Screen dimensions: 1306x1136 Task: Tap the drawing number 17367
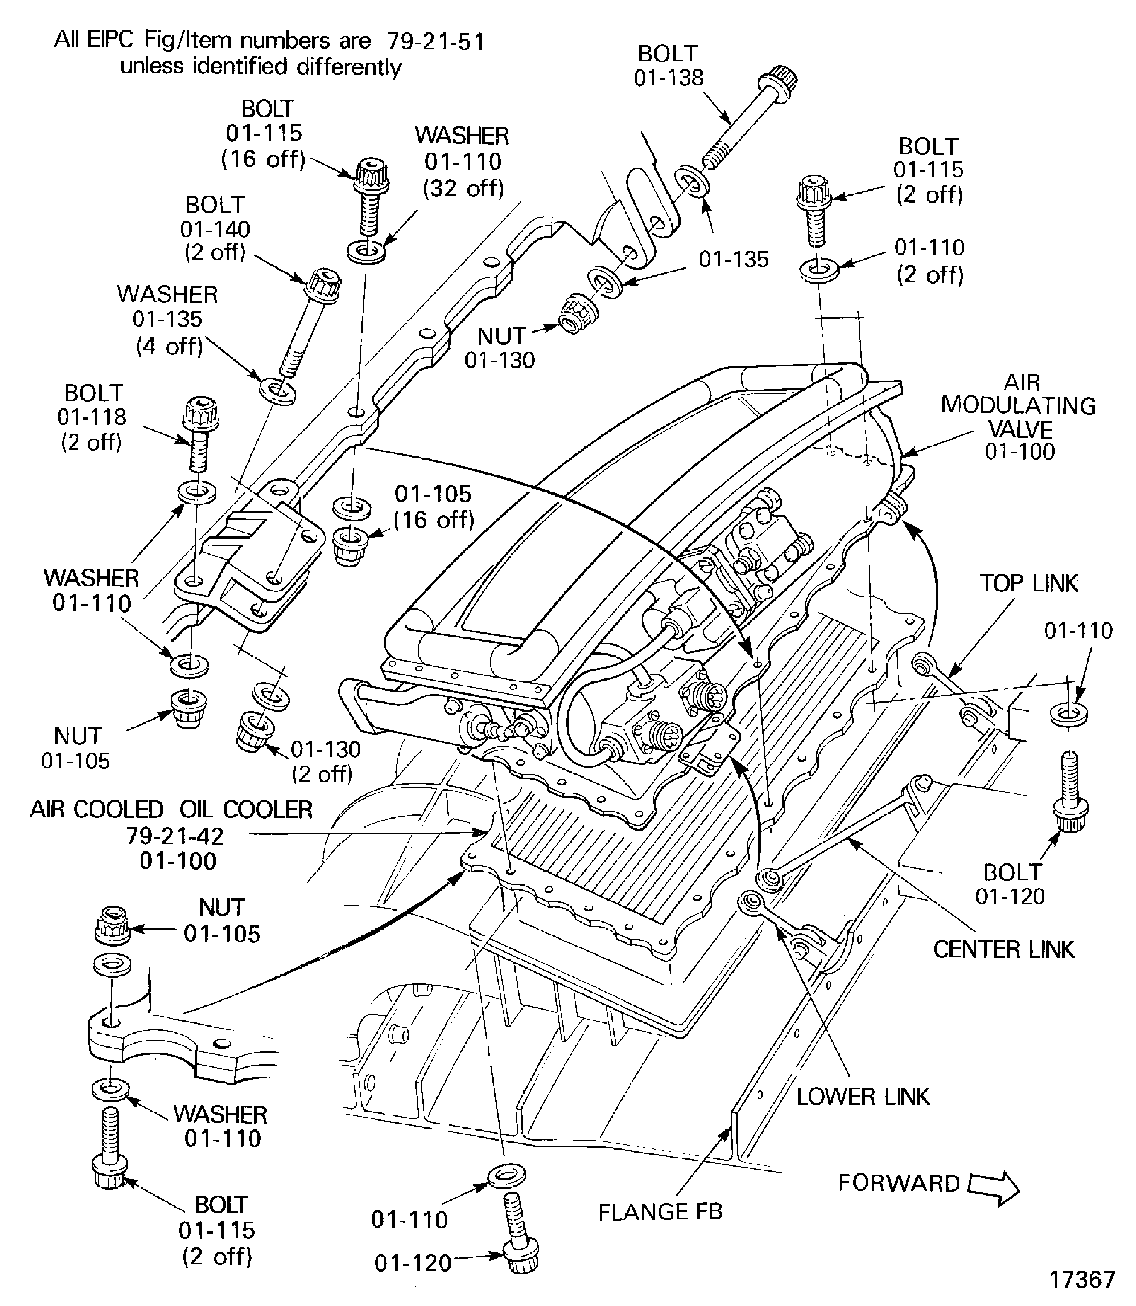(x=1081, y=1279)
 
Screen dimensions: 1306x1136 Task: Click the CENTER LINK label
(x=1003, y=949)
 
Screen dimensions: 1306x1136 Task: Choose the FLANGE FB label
(x=660, y=1212)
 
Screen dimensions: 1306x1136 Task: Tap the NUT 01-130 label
(x=500, y=347)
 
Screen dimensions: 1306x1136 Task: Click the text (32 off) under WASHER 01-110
(x=463, y=188)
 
